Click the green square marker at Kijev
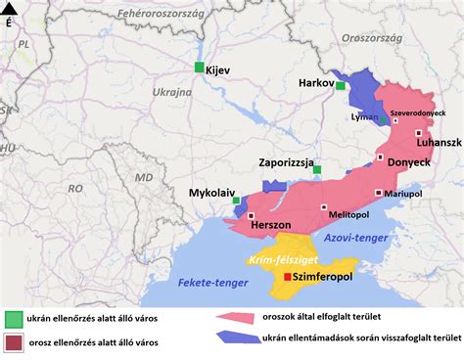199,67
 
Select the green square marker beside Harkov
341,86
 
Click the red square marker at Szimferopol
287,278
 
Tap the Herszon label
272,225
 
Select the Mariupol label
402,195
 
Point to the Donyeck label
408,162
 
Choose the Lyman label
363,116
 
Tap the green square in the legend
14,318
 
